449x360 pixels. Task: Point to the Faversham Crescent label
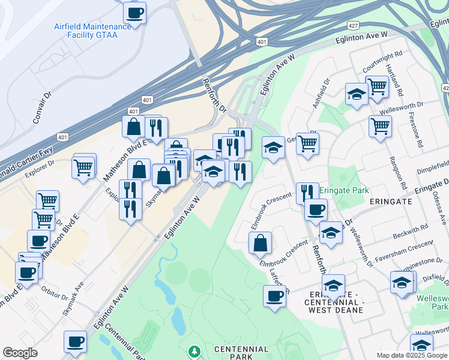[x=403, y=253]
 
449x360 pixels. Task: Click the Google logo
[x=20, y=353]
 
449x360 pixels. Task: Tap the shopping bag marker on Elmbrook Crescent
[x=260, y=242]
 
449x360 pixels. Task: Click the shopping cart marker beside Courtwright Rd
[x=377, y=86]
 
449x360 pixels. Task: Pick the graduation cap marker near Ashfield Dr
[x=357, y=94]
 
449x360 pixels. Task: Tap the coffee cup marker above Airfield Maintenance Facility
[x=135, y=12]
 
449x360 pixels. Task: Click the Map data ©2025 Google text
[x=411, y=355]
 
